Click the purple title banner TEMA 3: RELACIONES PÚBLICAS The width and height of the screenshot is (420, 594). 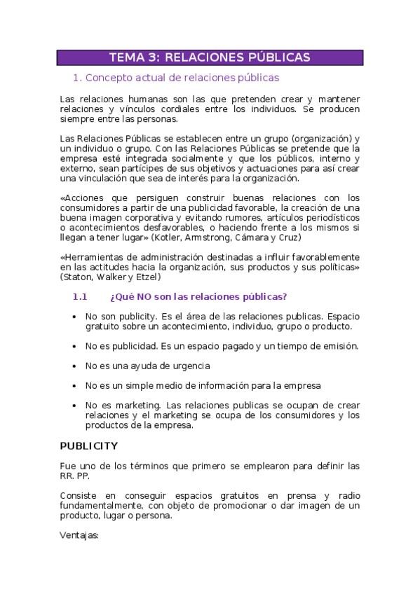point(210,57)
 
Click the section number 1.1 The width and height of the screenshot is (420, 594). point(79,297)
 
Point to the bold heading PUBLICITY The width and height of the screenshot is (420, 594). point(88,446)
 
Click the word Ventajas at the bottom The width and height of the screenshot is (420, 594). point(80,537)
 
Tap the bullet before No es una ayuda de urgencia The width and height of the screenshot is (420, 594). point(75,366)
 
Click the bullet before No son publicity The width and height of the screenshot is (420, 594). point(75,317)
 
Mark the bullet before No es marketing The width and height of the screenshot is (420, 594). point(75,406)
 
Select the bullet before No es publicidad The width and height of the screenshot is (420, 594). point(75,347)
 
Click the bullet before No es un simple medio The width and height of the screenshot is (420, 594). point(75,386)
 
